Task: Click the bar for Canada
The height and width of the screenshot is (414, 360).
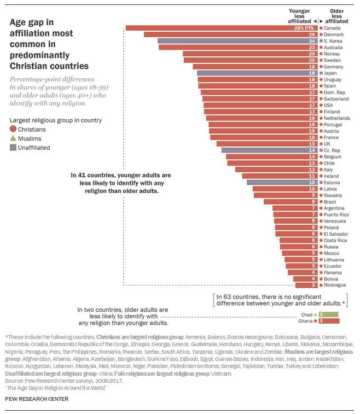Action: coord(222,28)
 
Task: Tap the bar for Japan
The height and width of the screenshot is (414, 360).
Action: coord(257,73)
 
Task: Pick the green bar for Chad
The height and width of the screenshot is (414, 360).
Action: coord(329,314)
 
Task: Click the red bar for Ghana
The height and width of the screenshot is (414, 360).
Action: coord(329,321)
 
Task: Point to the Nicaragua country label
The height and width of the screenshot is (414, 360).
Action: coord(334,285)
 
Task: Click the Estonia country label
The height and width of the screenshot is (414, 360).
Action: coord(332,183)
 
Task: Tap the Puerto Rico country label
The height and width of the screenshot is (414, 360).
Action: coord(335,215)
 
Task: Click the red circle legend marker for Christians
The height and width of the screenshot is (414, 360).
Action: coord(13,130)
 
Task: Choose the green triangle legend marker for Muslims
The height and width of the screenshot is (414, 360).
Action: coord(13,138)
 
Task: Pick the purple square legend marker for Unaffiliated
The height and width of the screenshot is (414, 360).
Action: coord(13,148)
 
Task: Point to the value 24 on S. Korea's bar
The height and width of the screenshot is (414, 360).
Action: coord(312,41)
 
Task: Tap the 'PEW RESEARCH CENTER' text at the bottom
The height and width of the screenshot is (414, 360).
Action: coord(37,399)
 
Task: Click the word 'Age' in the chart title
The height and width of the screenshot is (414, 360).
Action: coord(19,22)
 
